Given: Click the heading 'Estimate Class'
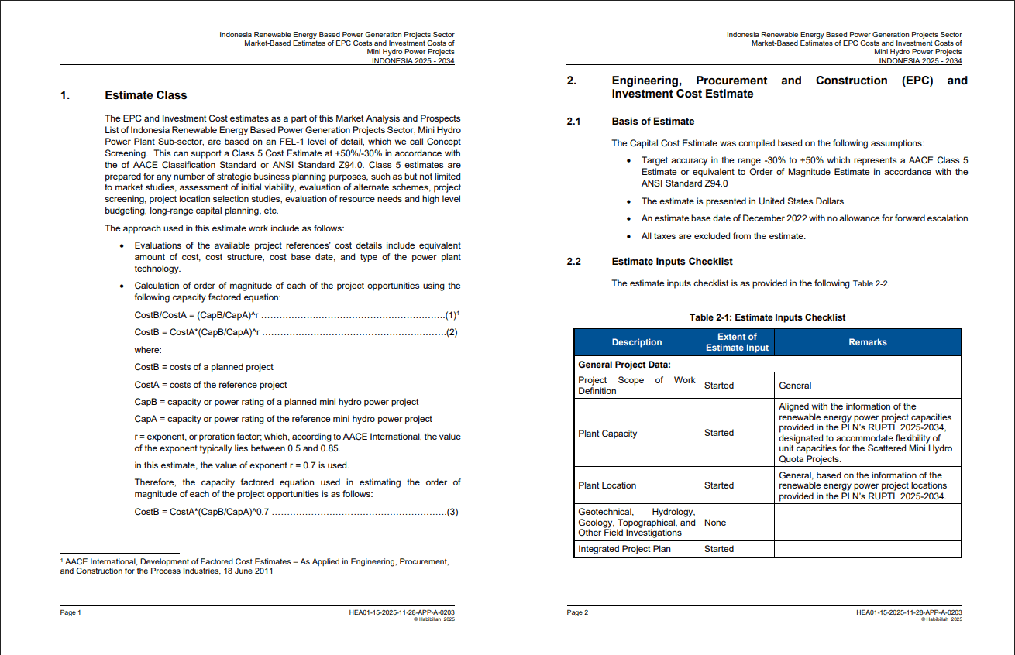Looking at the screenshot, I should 146,95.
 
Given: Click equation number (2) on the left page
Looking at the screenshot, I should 452,332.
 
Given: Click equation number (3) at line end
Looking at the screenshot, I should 452,512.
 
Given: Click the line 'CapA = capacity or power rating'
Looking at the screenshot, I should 283,419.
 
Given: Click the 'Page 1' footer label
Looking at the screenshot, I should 71,612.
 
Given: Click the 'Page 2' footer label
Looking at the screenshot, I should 577,612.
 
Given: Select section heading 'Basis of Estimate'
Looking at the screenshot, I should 652,122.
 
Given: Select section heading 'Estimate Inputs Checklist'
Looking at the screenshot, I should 672,262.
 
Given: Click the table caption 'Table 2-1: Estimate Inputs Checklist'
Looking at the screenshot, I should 767,317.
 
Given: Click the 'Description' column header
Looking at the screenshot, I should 636,342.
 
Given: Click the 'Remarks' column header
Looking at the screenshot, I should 867,342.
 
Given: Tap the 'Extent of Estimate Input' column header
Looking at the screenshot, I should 737,342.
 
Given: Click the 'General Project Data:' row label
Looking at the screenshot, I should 624,365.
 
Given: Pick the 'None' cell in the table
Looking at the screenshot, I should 715,523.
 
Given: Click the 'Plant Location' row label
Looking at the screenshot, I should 607,485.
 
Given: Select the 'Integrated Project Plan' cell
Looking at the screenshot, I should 624,549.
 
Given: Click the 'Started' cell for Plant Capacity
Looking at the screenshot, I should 718,433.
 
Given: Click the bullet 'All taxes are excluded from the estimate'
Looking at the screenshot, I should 723,236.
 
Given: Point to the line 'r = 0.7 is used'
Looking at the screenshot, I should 242,465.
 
